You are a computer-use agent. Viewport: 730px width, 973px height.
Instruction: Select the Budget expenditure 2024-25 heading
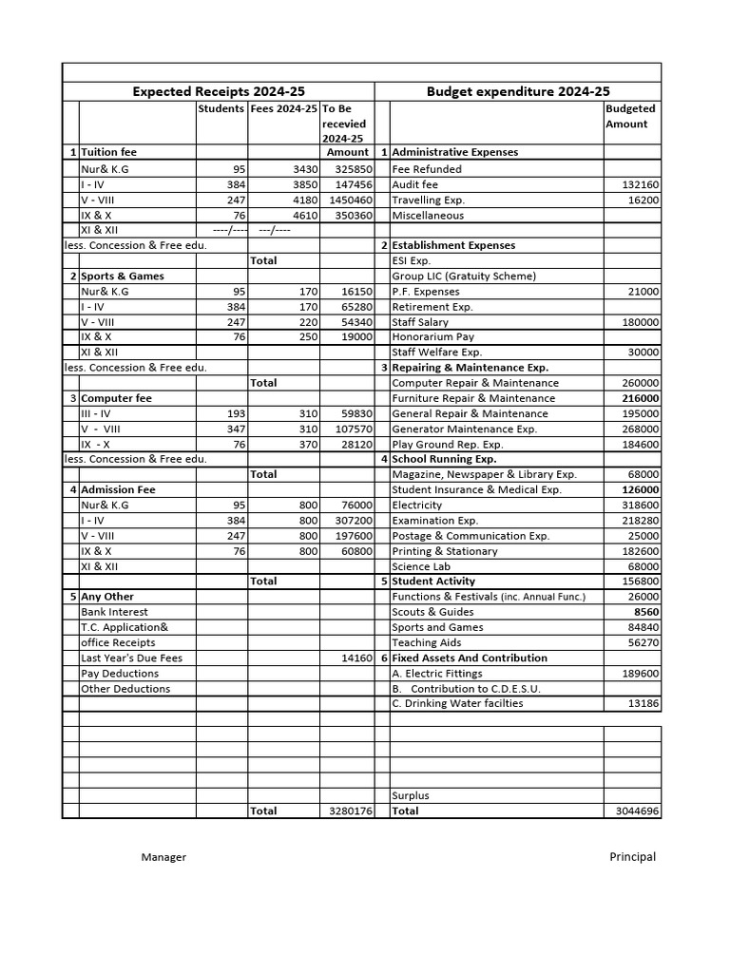[518, 92]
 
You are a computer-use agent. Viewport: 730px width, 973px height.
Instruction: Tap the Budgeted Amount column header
[630, 116]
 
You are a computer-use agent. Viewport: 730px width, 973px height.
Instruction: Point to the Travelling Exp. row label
[428, 200]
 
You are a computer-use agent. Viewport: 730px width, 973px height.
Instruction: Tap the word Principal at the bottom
[632, 856]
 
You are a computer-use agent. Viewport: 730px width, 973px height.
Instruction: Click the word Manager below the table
[163, 857]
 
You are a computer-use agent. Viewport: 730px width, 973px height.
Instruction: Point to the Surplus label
[410, 795]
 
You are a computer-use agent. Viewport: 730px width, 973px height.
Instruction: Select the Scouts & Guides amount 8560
[646, 612]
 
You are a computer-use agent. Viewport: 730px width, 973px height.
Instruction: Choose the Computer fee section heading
[116, 398]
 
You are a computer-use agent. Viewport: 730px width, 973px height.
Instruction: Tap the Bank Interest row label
[114, 612]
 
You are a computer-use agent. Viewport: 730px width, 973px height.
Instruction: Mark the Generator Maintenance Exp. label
[464, 429]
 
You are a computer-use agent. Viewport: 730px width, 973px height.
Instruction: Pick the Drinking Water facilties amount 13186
[643, 703]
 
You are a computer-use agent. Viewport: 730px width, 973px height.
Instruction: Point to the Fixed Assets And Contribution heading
[470, 658]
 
